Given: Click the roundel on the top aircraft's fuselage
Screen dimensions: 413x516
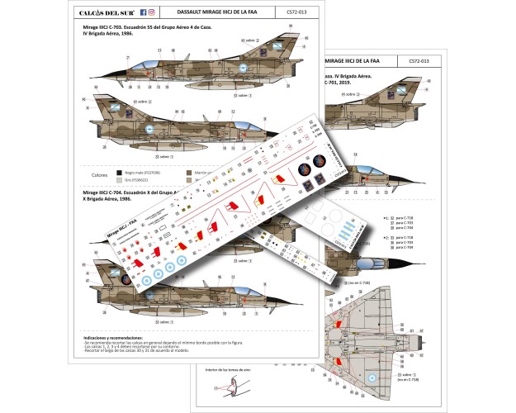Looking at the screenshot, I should click(244, 70).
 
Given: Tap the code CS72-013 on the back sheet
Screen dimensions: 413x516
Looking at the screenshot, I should click(419, 61).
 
